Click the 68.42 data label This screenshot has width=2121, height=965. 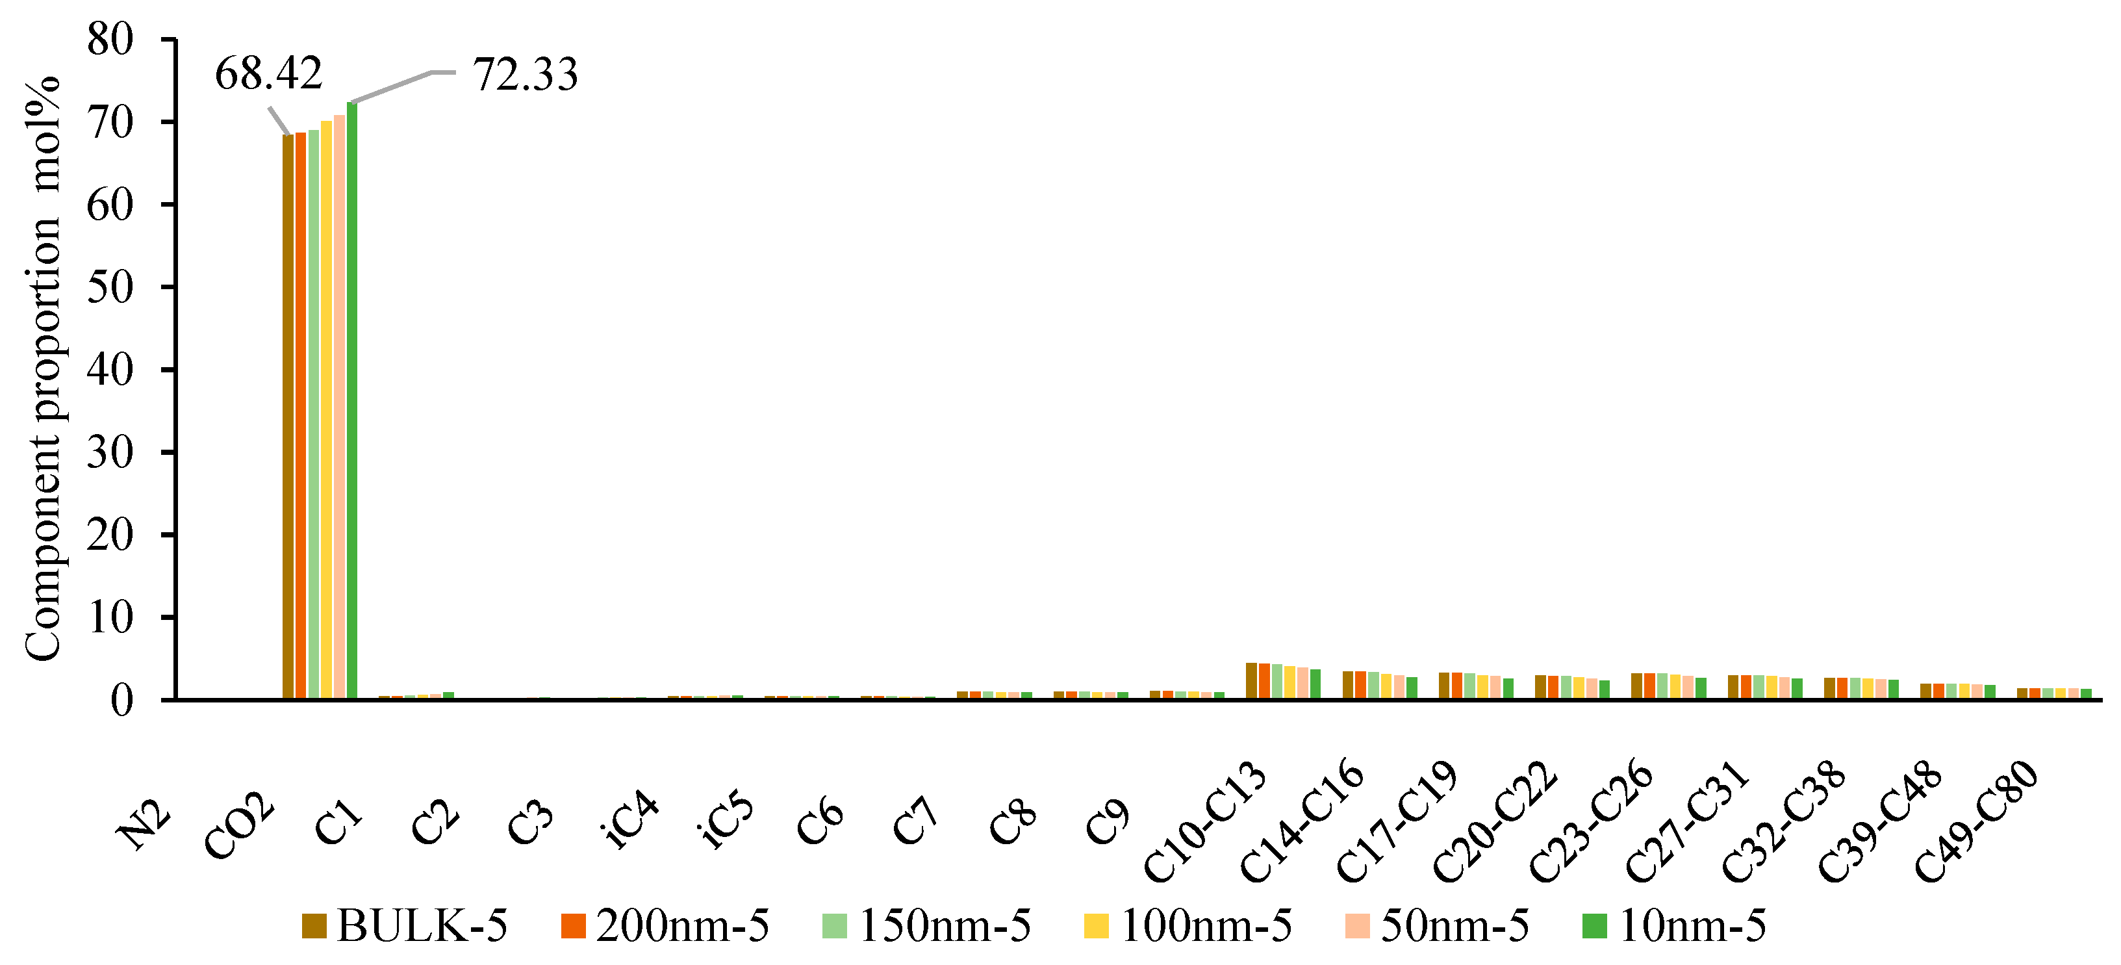(x=268, y=74)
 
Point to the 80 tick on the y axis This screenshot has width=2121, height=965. (x=110, y=40)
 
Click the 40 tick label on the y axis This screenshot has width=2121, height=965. (x=110, y=370)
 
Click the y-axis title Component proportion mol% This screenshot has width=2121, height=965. (x=43, y=369)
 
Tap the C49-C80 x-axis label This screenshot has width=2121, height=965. (x=1975, y=823)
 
